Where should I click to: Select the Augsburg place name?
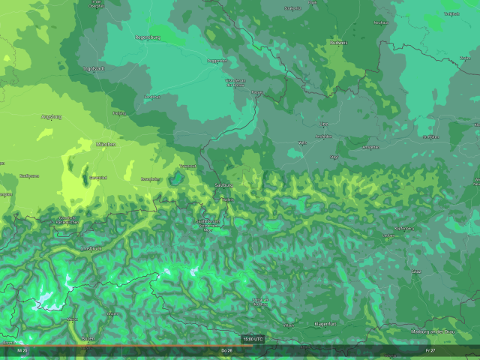(50, 116)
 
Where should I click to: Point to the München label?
(105, 143)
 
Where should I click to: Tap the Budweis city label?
(340, 43)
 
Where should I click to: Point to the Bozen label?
(88, 338)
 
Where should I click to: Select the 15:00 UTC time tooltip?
(253, 339)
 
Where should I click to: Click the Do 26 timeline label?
(226, 350)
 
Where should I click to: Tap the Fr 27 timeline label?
(429, 350)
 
